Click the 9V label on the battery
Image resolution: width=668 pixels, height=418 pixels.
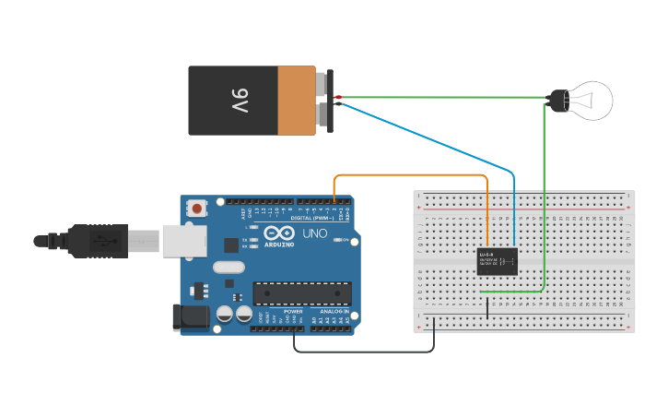pos(239,100)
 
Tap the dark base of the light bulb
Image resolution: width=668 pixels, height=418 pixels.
pos(558,101)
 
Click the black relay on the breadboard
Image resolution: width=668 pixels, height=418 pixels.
pos(497,261)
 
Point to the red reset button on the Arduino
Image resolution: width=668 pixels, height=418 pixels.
pos(196,209)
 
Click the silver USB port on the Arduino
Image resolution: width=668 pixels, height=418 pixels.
pos(183,240)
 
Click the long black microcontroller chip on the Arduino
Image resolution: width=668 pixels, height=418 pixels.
pos(302,293)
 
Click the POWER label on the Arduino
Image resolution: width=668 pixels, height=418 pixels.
pos(293,312)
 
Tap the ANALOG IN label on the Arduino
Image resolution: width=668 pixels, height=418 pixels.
pos(334,312)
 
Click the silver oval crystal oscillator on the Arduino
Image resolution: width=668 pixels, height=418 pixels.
pos(229,268)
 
